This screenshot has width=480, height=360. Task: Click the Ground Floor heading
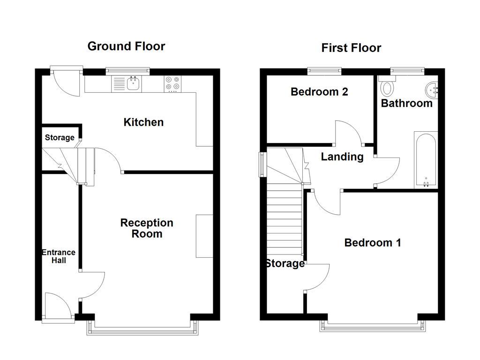coord(126,46)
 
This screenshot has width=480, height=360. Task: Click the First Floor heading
coord(351,48)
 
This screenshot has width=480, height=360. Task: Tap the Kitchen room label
coord(143,122)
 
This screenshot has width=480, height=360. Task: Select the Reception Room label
coord(146,228)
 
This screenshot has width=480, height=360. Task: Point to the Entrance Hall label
coord(59,256)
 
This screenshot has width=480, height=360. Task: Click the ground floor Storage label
coord(60,137)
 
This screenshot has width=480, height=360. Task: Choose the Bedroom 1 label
coord(373,243)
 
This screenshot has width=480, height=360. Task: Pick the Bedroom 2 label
coord(319,92)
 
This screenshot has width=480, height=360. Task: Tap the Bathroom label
coord(406,103)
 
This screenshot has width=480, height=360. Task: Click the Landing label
coord(342,157)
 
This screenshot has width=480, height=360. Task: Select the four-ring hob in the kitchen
coord(172,83)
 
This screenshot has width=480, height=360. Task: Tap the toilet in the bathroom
coord(388,87)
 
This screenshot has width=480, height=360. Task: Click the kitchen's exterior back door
coord(66,82)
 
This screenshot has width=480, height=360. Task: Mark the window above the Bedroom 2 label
coord(324,71)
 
